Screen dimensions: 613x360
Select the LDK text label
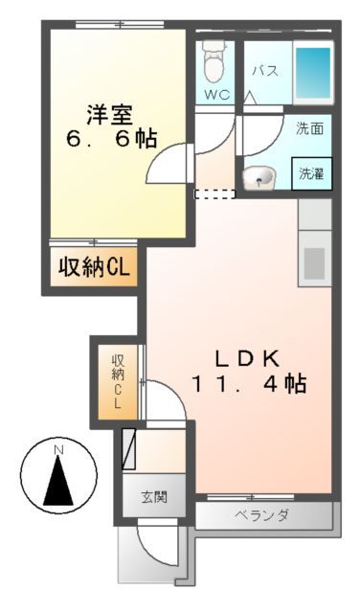point(244,359)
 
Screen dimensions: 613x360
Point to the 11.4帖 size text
point(248,385)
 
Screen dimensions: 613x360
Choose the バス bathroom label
point(265,71)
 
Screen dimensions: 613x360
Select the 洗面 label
point(309,127)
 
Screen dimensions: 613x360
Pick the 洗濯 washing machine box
point(311,173)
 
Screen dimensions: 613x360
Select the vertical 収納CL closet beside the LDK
point(118,382)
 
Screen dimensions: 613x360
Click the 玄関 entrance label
point(153,497)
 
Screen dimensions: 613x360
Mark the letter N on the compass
point(57,449)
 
